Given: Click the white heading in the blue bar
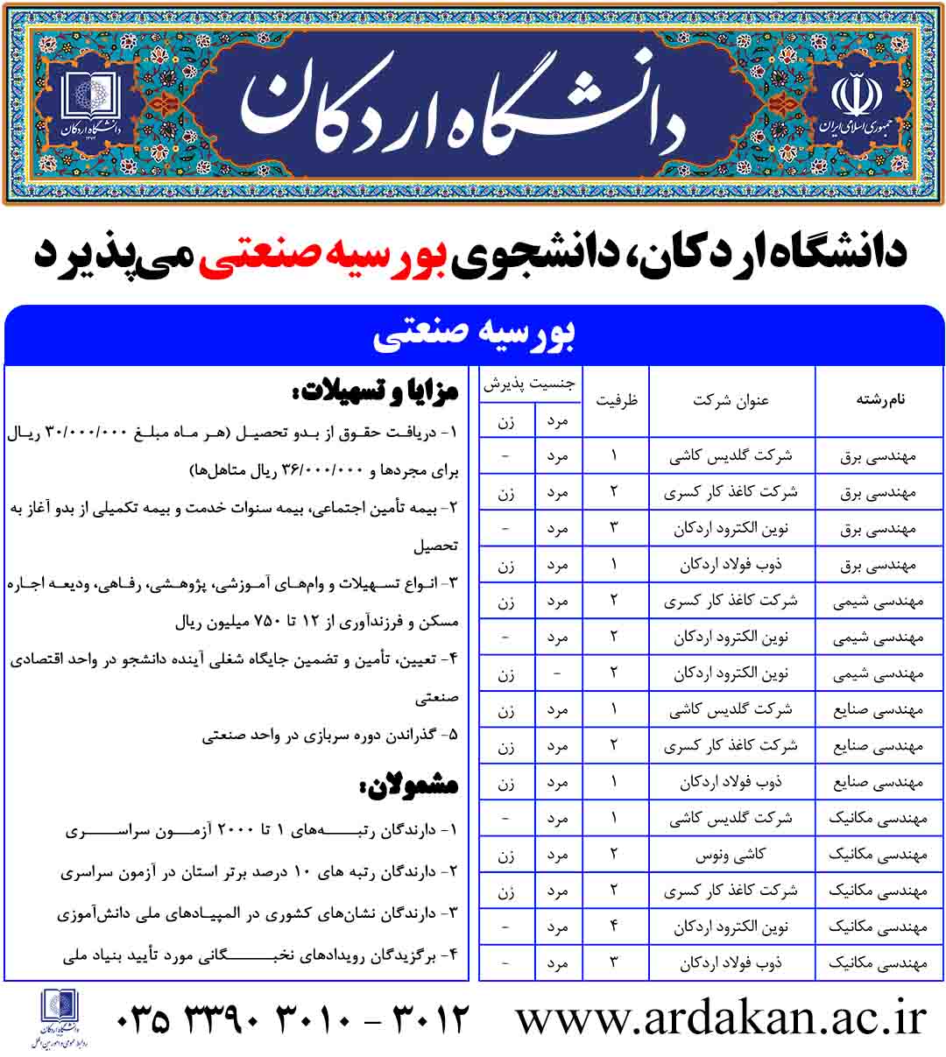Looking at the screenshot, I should (474, 335).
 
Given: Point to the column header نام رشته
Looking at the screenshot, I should (879, 400).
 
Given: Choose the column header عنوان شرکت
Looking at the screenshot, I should (731, 400).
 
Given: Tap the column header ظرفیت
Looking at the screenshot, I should (617, 400).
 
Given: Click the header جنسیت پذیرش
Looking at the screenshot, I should (531, 384).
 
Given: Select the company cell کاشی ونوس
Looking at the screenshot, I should (731, 855).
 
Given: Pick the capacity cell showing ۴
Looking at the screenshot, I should (614, 927).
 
